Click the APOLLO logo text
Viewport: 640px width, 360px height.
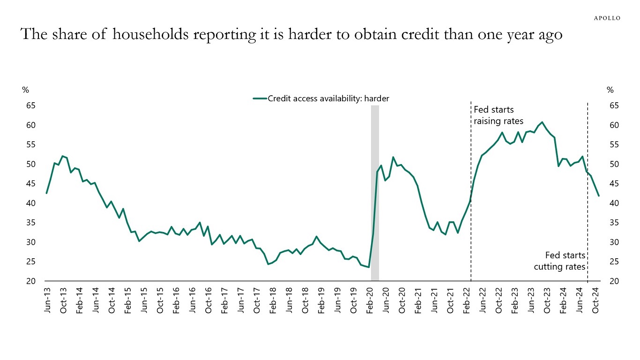tap(607, 18)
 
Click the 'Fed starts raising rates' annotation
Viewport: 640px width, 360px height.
tap(498, 115)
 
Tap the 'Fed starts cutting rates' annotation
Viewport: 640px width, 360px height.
tap(560, 261)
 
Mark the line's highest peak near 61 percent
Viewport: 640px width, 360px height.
tap(542, 122)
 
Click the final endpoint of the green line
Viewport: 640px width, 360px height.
tap(599, 196)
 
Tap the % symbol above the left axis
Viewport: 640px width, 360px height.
tap(26, 90)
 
